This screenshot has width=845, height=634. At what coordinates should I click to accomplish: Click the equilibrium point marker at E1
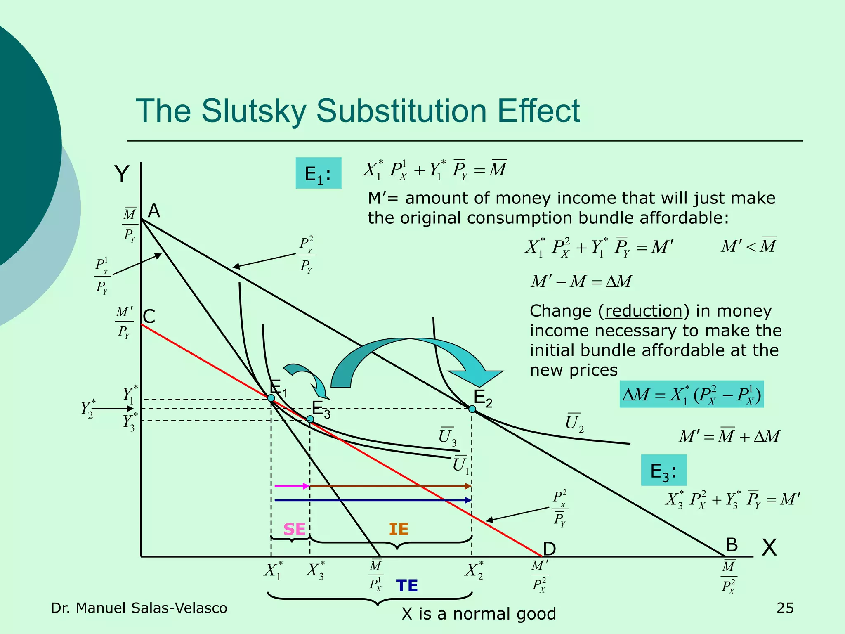271,398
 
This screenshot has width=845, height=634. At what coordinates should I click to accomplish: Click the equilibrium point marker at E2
472,409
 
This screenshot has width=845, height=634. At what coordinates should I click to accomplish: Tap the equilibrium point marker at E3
310,419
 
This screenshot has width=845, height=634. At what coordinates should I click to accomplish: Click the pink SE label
294,529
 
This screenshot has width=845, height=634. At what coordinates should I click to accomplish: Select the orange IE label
399,529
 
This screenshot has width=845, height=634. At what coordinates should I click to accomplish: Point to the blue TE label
407,585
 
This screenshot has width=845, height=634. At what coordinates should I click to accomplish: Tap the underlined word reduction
643,311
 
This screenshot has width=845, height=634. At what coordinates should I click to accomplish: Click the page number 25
785,608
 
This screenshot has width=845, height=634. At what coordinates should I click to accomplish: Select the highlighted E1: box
318,173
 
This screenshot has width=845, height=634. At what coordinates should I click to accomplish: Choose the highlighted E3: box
663,470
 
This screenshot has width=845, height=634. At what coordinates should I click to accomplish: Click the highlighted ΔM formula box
692,394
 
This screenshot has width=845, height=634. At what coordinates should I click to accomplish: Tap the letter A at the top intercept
154,211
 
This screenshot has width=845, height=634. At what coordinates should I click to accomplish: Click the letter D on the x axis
550,549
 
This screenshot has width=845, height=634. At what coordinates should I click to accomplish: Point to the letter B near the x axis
732,545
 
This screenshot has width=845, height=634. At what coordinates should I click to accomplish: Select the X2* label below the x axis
474,570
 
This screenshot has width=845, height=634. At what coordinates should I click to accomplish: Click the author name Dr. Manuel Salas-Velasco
139,608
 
